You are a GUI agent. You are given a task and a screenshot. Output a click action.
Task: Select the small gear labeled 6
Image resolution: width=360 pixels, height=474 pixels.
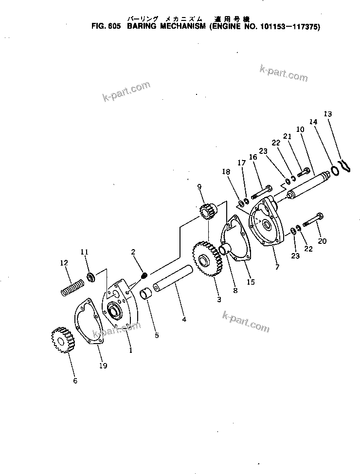tap(61, 339)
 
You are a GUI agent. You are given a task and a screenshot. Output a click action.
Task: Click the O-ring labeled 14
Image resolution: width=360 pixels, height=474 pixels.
tap(335, 171)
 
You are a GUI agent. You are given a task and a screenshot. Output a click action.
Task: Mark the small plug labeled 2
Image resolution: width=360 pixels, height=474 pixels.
tap(144, 276)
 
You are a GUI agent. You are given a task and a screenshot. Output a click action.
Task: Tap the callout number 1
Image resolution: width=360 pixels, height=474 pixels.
tap(130, 348)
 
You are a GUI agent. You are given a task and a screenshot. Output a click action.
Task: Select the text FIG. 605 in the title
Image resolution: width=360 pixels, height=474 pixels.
tap(106, 28)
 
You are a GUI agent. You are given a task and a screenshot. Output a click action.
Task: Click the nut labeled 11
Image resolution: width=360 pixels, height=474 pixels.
tap(90, 278)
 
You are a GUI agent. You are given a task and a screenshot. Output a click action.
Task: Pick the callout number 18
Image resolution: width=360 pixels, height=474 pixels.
tap(225, 171)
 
